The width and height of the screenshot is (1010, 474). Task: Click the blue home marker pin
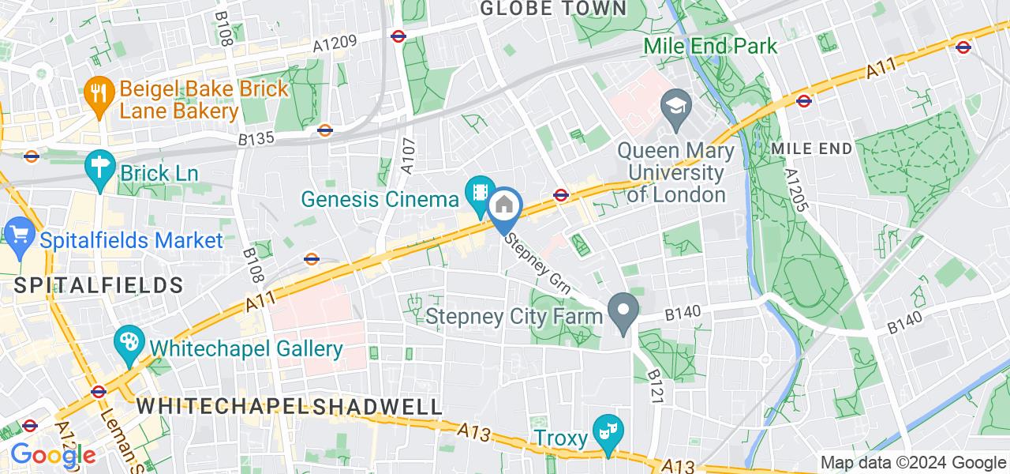tap(503, 208)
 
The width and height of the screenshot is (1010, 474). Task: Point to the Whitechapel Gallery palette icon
tap(128, 344)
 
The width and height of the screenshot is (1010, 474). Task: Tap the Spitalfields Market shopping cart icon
tap(17, 234)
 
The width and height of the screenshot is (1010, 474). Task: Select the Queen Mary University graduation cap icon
tap(676, 104)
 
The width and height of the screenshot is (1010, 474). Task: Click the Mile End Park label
tap(711, 46)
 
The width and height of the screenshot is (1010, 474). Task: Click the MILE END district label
tap(812, 149)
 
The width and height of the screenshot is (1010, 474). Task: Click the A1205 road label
tap(798, 190)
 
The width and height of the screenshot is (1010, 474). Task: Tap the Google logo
tap(52, 455)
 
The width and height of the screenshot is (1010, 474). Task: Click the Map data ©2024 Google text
tap(913, 463)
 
